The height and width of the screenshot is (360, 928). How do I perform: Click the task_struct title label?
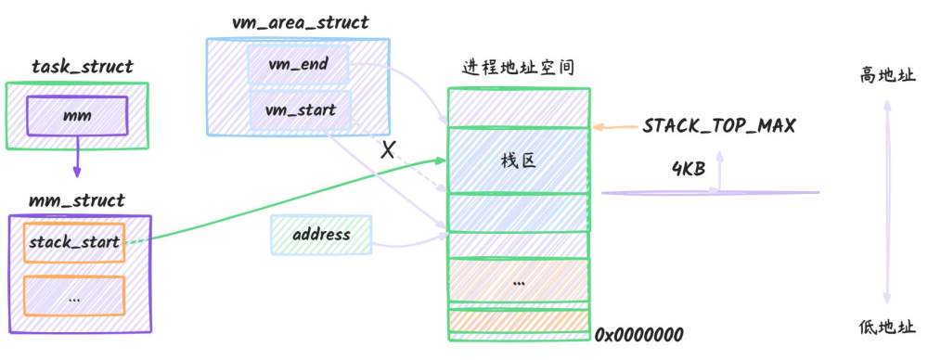[83, 66]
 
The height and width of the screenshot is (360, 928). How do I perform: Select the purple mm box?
[77, 115]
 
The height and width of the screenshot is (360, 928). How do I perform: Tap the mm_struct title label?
[77, 200]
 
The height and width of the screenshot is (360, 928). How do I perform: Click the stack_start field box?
[74, 242]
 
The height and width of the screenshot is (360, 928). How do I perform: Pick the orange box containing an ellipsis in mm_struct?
[74, 295]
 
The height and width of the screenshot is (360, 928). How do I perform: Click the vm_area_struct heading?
[301, 22]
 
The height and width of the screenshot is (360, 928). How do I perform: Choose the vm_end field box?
[298, 64]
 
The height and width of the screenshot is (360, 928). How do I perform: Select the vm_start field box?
[301, 110]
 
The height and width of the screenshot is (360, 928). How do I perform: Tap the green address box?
[321, 235]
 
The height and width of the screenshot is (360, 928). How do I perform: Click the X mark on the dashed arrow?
[387, 150]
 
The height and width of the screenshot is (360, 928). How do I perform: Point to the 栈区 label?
[519, 161]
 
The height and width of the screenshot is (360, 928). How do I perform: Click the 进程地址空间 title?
[518, 68]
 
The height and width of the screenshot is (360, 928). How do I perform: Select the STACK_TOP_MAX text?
[719, 126]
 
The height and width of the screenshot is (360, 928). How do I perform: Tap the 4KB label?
[689, 169]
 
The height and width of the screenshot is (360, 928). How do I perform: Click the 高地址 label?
[887, 76]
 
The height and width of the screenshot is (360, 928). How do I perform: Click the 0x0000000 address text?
[639, 335]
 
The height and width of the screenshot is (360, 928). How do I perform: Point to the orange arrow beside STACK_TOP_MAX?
[614, 127]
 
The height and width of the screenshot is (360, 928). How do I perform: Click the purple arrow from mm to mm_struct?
[77, 156]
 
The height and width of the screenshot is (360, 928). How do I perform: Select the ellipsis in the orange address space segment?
[519, 284]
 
